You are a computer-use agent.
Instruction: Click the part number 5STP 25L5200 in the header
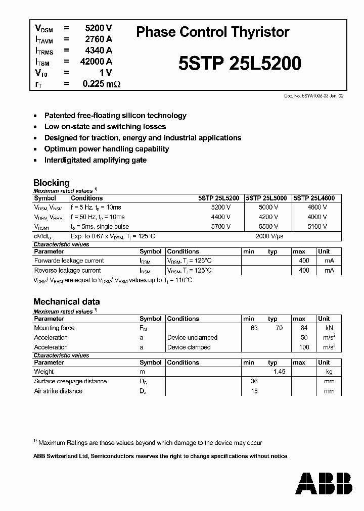point(240,63)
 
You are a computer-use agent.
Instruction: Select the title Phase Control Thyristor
point(213,32)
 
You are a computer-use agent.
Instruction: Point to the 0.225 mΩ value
point(101,84)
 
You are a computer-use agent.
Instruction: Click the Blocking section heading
point(51,183)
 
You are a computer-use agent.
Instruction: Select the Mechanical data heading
point(66,301)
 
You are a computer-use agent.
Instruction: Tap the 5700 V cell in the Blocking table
point(221,227)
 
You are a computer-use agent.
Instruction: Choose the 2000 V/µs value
point(270,236)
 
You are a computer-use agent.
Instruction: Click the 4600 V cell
point(317,208)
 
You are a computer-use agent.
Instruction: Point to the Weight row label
point(44,372)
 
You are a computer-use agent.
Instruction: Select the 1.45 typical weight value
point(279,372)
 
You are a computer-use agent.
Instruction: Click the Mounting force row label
point(54,328)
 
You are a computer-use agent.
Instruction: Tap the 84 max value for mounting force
point(303,328)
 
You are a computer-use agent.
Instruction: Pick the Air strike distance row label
point(58,391)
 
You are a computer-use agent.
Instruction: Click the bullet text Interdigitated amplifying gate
point(95,160)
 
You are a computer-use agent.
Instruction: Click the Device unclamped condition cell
point(192,338)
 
